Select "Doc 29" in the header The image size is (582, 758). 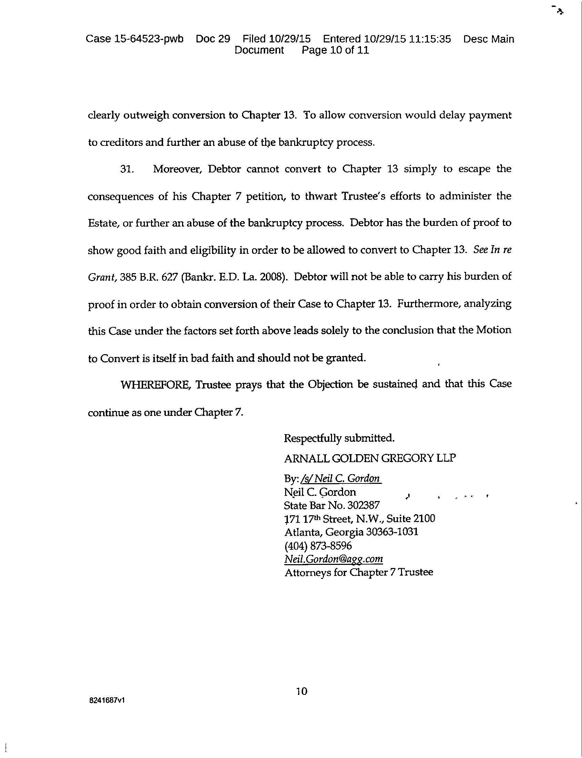213,39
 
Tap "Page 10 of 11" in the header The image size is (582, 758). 335,50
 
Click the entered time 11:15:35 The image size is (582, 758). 430,39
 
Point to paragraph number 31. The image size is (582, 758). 127,169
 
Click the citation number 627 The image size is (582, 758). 169,277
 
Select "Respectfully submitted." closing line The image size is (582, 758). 339,438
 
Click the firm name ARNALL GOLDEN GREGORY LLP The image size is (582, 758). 370,458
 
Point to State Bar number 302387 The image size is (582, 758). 363,506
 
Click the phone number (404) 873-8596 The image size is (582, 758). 318,546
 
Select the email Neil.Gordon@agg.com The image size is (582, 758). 334,559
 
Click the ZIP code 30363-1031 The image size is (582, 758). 392,532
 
